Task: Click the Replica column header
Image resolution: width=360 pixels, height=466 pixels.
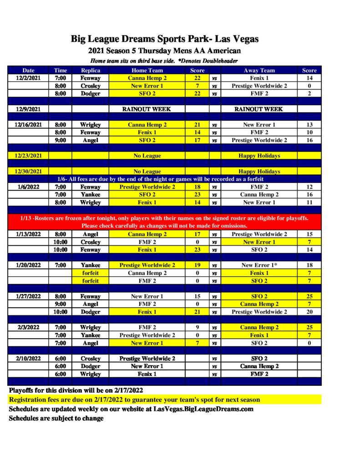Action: (x=90, y=70)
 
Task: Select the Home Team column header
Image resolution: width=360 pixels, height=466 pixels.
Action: (x=147, y=70)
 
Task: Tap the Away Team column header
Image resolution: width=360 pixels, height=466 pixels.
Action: (x=259, y=70)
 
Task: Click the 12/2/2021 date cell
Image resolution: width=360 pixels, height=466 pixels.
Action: (x=28, y=78)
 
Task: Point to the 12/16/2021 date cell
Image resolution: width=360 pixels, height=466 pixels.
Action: (x=28, y=124)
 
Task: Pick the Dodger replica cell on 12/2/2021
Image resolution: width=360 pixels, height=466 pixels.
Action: (x=90, y=93)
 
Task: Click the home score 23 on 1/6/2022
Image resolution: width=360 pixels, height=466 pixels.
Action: (x=197, y=194)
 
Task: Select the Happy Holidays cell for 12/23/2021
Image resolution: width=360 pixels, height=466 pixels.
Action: (x=259, y=156)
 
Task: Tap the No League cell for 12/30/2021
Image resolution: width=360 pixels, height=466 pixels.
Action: (x=147, y=171)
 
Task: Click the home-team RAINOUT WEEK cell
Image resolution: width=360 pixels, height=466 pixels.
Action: (x=147, y=109)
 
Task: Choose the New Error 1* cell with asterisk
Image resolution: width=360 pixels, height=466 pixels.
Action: (x=259, y=265)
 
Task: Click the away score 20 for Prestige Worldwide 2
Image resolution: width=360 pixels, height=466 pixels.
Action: (x=309, y=312)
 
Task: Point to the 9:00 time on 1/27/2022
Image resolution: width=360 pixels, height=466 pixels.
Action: (x=60, y=304)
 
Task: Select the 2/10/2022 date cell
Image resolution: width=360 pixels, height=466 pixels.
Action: (x=28, y=358)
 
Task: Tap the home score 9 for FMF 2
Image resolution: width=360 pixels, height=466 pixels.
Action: (x=197, y=327)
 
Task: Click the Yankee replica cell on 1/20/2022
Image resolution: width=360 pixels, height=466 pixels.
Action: (x=90, y=265)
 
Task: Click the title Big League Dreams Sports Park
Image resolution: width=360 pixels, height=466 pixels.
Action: (x=164, y=39)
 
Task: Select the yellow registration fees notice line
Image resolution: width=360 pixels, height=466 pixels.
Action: (x=135, y=400)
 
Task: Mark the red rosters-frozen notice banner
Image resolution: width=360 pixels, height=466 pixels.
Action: (x=164, y=222)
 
